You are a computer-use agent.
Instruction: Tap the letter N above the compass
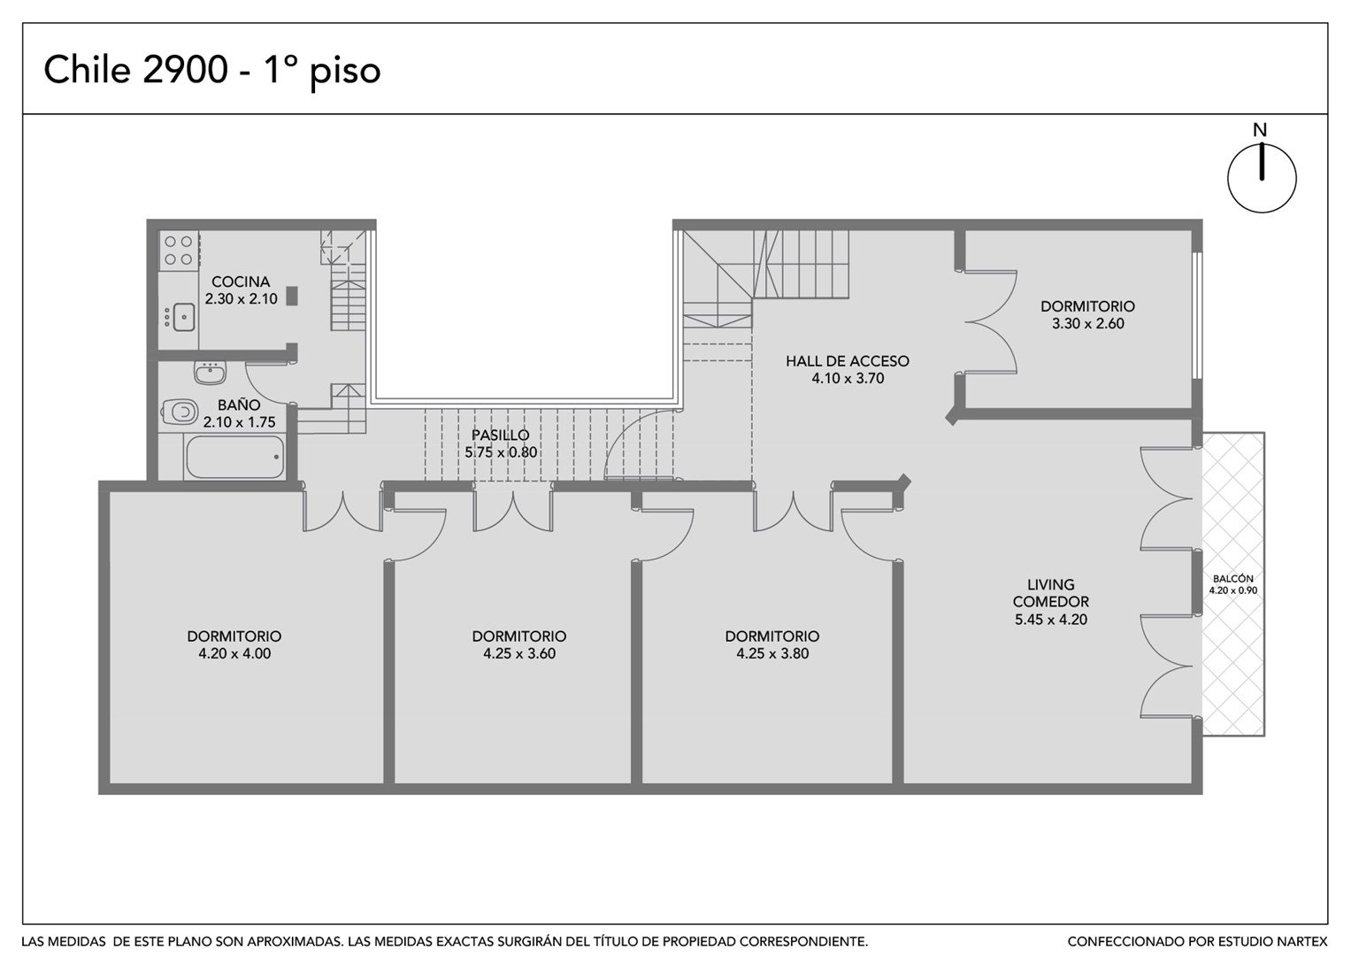pos(1260,130)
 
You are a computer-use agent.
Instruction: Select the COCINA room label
pos(241,281)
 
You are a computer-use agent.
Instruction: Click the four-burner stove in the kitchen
pos(179,251)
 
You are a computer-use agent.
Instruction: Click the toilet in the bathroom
pos(180,412)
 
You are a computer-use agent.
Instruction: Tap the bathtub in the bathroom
pos(234,457)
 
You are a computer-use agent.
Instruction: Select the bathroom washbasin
pos(210,373)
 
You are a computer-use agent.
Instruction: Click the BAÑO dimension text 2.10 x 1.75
pos(240,422)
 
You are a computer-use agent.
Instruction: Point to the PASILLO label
pos(501,435)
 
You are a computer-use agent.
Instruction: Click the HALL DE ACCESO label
pos(848,361)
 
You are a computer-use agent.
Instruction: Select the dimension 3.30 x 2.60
pos(1088,323)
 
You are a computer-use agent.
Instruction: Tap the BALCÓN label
pos(1232,578)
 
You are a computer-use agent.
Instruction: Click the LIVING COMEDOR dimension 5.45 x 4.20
pos(1051,620)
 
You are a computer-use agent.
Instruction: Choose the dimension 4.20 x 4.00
pos(234,653)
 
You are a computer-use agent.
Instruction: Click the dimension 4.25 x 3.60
pos(519,653)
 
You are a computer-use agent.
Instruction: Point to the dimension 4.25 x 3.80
pos(772,653)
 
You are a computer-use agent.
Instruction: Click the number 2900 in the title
pos(186,69)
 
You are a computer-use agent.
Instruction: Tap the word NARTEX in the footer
pos(1301,941)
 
